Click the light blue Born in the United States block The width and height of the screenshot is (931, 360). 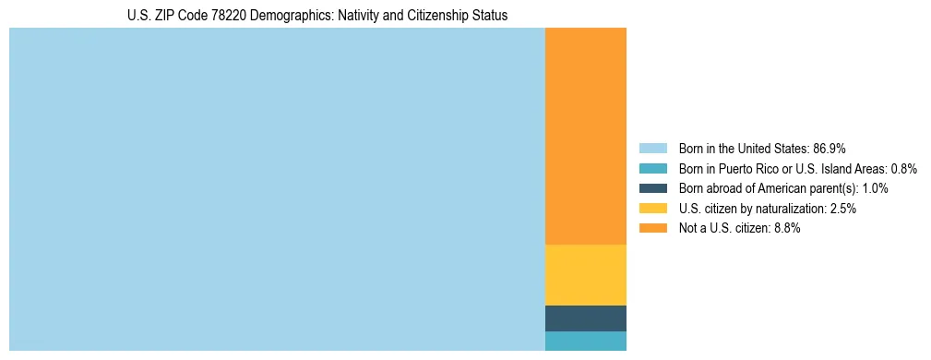coord(277,189)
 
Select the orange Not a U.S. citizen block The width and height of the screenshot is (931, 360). coord(586,137)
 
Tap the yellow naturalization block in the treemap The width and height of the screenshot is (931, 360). coord(586,275)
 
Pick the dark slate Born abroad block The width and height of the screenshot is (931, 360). coord(586,318)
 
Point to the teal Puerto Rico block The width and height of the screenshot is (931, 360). coord(586,342)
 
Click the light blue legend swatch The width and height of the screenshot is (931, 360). coord(653,149)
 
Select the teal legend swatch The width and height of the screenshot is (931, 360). coord(653,169)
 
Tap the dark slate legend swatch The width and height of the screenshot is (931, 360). coord(653,188)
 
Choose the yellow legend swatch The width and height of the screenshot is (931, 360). coord(653,209)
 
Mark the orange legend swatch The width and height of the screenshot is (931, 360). coord(653,229)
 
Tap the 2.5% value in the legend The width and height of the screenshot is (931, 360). coord(843,209)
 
